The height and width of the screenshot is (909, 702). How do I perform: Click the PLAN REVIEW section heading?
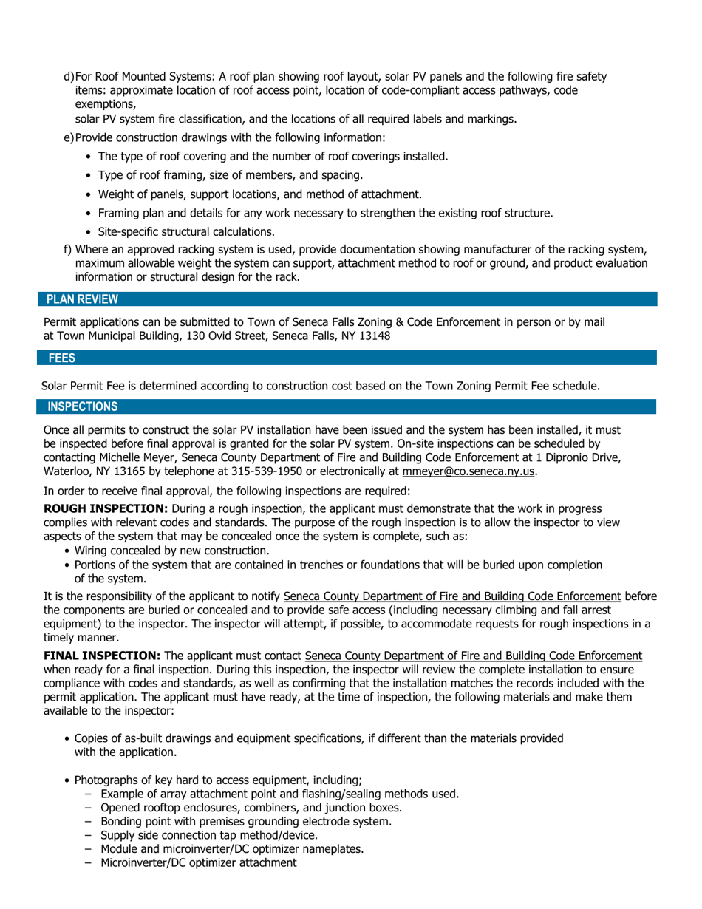[81, 299]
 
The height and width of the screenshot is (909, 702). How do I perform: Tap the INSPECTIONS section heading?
[82, 406]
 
